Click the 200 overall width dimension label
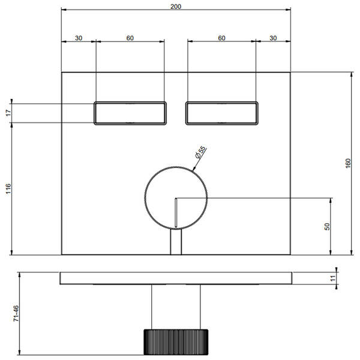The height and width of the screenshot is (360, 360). (176, 7)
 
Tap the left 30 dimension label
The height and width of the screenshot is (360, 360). (79, 38)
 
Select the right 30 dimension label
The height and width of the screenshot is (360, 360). (273, 38)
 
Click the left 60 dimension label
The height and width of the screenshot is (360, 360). (130, 38)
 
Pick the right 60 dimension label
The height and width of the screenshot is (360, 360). (221, 38)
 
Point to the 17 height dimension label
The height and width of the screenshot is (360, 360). (8, 113)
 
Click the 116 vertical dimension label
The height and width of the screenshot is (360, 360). (8, 188)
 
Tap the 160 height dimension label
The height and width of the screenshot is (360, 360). (348, 163)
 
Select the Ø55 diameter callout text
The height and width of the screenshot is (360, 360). (200, 152)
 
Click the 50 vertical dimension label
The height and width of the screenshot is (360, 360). (327, 226)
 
